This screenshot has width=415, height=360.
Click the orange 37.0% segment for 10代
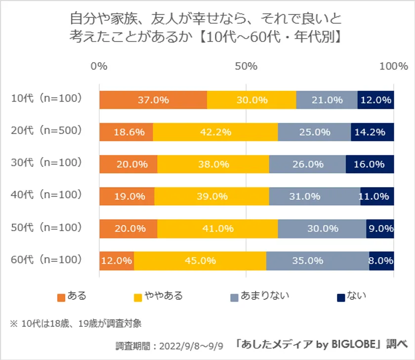pos(153,100)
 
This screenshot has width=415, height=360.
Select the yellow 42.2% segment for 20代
pos(215,132)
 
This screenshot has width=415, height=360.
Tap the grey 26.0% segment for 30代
pos(307,164)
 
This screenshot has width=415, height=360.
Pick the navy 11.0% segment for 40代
pos(377,196)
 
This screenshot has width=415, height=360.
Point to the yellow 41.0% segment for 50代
pos(217,228)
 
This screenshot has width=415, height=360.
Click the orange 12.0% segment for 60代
pos(117,260)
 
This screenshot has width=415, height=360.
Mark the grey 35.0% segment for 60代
pos(318,260)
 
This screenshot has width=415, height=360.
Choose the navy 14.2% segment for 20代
pos(373,132)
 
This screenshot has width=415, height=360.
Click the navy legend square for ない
pos(340,297)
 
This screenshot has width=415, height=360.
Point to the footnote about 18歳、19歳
pos(76,324)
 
